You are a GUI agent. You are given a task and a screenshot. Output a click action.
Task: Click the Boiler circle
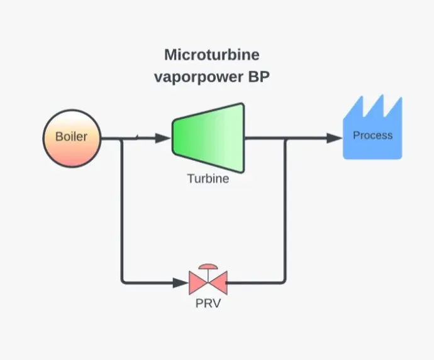72,138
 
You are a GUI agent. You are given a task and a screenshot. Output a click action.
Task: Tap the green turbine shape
208,137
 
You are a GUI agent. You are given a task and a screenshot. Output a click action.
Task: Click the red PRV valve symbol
207,283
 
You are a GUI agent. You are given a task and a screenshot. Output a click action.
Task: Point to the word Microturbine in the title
211,55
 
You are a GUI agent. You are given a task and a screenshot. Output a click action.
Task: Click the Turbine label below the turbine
208,178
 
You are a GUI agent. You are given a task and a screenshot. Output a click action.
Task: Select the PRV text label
208,305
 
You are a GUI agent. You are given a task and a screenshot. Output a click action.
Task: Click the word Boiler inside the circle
71,136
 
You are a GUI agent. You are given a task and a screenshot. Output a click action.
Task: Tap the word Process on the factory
372,135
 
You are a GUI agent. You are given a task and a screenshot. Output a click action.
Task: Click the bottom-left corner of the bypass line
122,282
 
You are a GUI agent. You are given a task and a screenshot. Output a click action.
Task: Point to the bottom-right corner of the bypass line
286,282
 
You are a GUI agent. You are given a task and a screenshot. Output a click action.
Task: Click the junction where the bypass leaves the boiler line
121,138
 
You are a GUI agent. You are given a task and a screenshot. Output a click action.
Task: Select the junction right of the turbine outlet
286,138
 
